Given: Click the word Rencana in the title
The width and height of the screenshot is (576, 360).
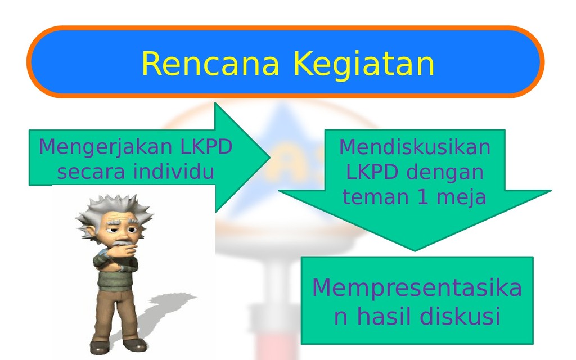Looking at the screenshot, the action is pos(210,64).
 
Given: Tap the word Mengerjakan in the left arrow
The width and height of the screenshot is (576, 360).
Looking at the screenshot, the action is pos(105,147).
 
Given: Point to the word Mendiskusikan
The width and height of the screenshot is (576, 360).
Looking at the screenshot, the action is pos(415,147).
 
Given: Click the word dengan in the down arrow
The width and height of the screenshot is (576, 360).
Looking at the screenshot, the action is pos(445,172).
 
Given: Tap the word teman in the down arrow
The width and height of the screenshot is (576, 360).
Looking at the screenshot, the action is pos(375,197).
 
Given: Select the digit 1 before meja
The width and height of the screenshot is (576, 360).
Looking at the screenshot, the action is pos(423,197).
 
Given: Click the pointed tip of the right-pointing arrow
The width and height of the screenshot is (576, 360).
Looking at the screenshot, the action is pos(270,157).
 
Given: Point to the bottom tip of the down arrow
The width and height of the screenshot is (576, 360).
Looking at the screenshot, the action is pos(415,251).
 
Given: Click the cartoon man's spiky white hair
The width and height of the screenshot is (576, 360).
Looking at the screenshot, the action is pos(114,209).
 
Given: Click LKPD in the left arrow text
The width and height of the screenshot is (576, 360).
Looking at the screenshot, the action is pos(206,147).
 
